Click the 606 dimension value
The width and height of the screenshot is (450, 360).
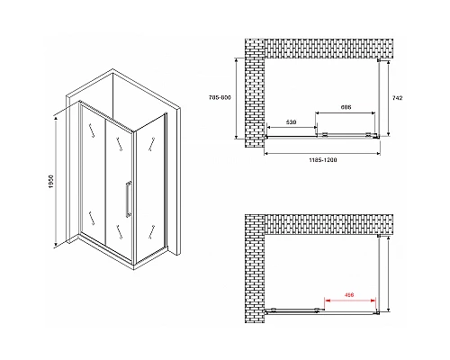pos(346,107)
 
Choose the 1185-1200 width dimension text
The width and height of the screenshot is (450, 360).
pos(321,160)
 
